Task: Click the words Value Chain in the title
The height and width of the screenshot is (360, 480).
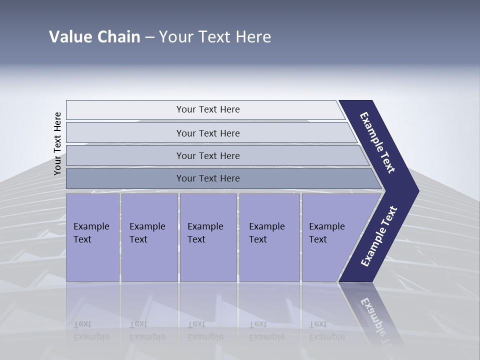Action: pos(94,37)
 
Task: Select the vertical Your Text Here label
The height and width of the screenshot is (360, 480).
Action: pos(57,143)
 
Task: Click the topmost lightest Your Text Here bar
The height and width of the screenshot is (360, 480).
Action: pos(207,109)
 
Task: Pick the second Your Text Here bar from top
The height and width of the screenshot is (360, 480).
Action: pos(207,133)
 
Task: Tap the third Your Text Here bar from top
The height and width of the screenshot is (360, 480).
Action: pos(207,155)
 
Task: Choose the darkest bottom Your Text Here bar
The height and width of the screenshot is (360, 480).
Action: pos(207,178)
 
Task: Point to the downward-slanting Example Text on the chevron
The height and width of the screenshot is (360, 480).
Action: pos(378,142)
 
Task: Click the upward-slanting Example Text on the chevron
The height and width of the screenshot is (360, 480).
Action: pos(379,236)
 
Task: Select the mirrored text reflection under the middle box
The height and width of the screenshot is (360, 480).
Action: pos(205,330)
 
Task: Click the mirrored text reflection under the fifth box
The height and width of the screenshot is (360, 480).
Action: pos(326,330)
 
